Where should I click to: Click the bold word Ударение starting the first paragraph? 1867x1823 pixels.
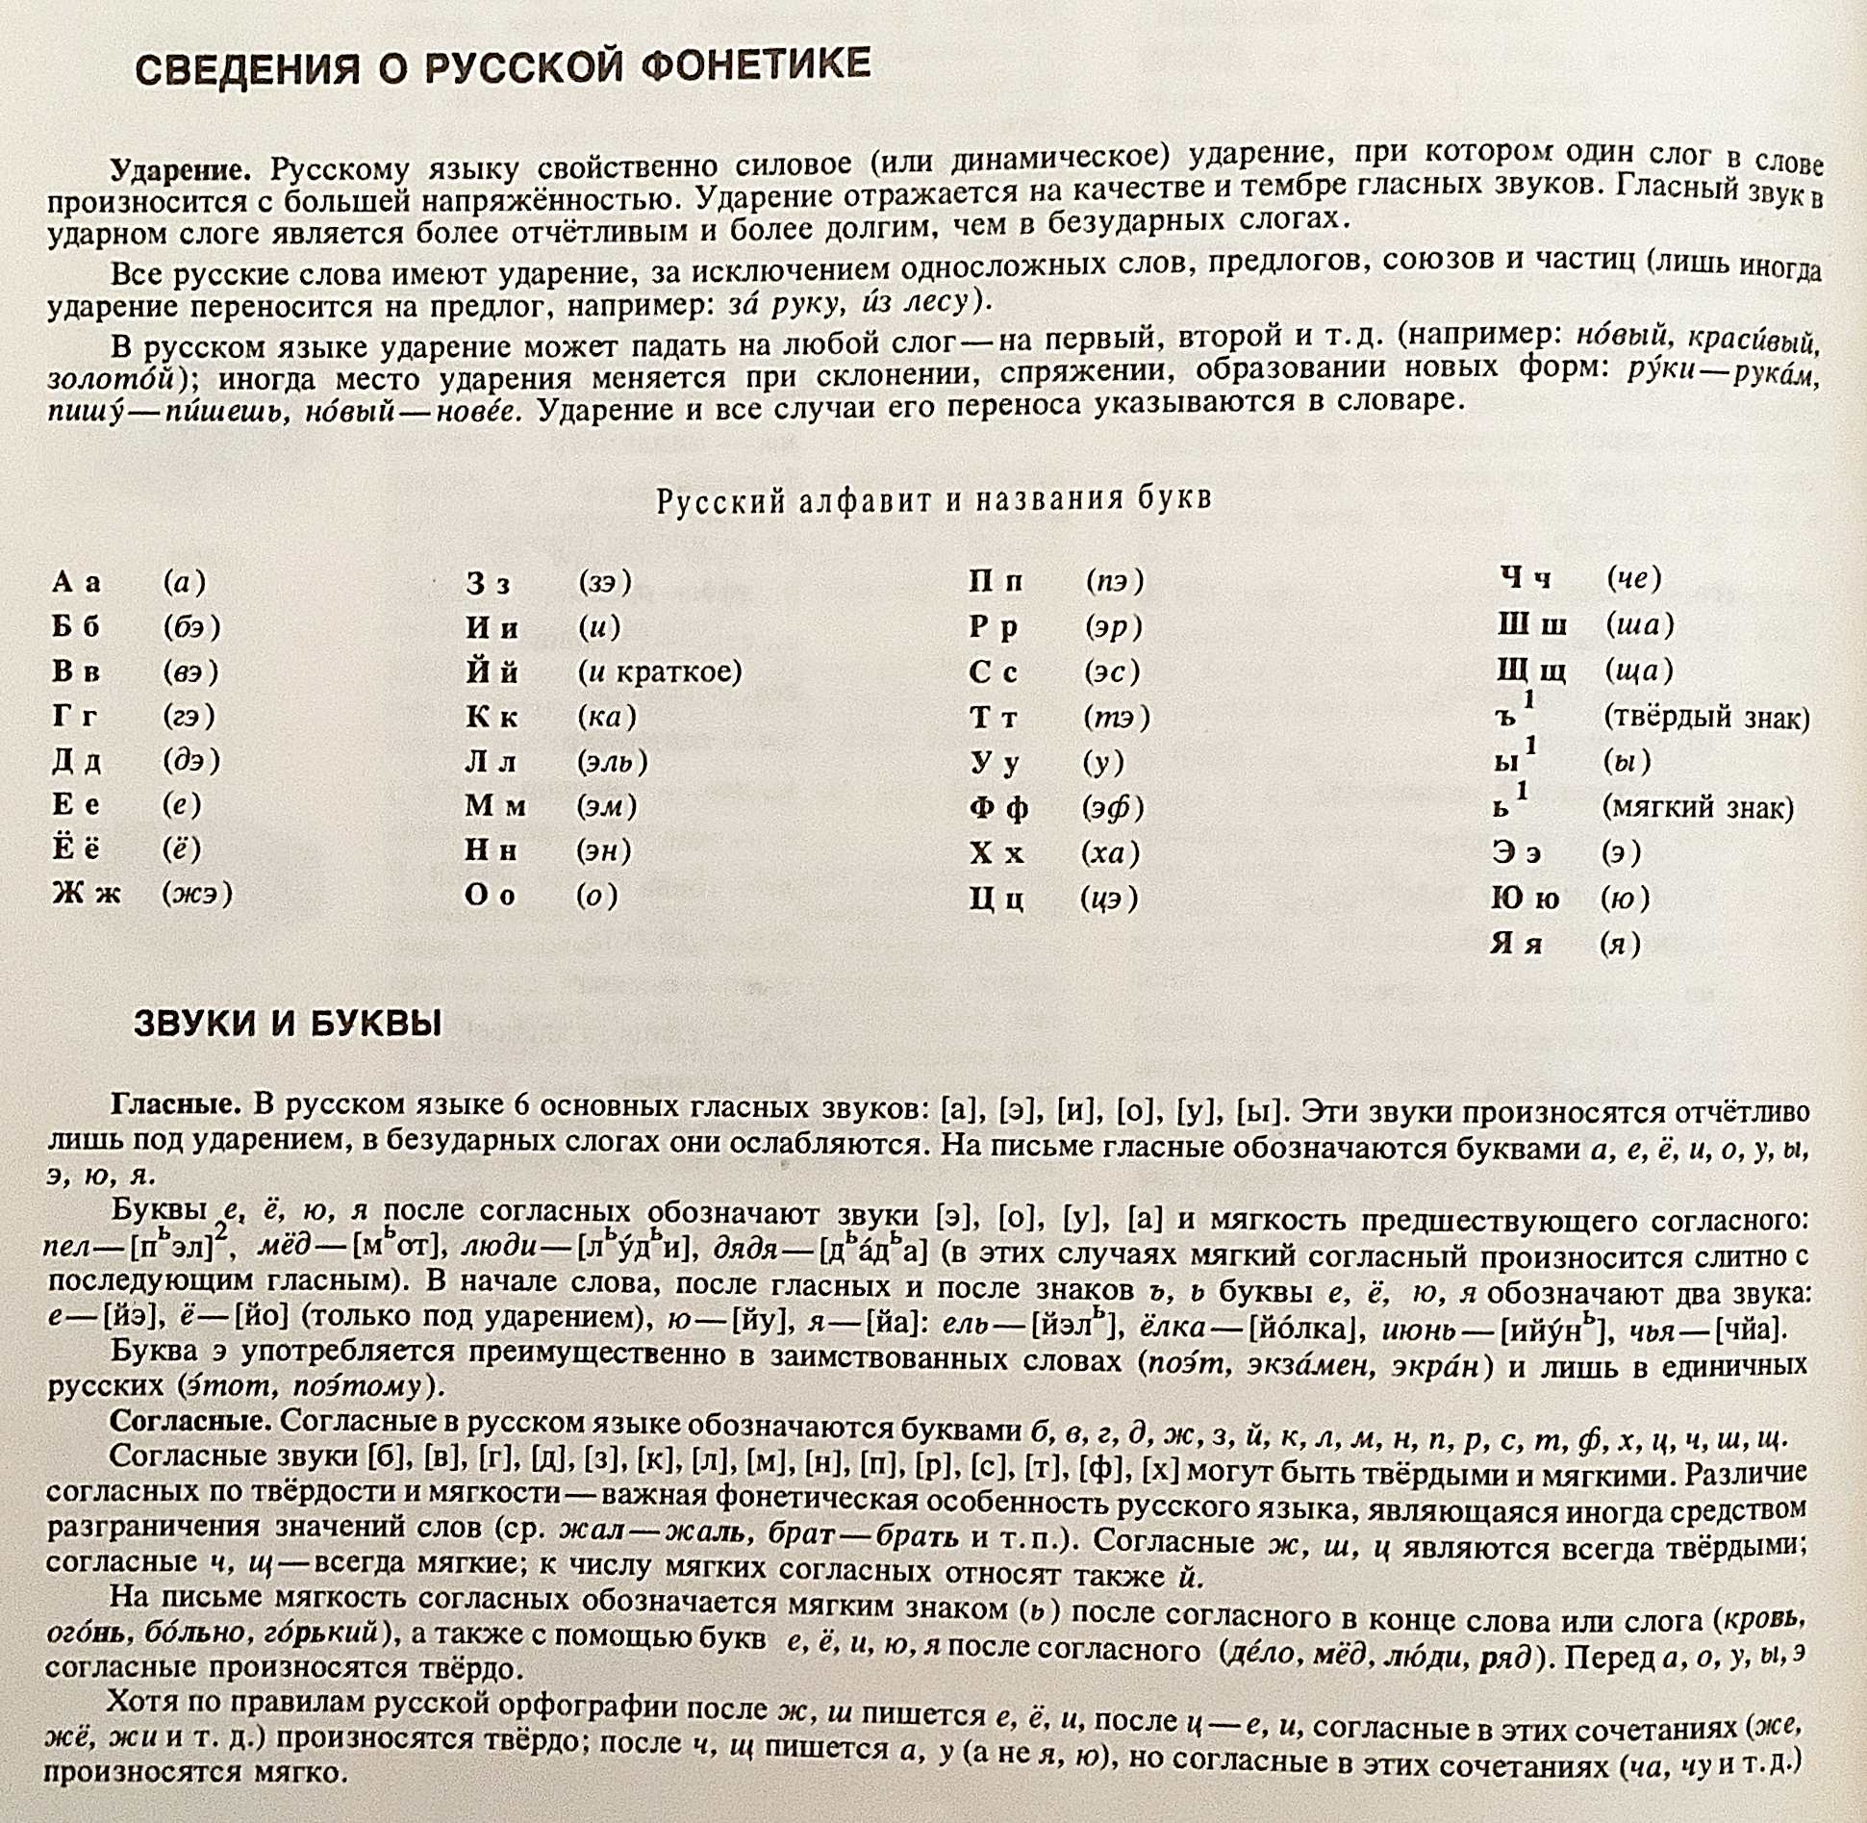point(181,169)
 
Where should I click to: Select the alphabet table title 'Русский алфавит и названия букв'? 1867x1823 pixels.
point(933,499)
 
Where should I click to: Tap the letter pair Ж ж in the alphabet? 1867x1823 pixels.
point(87,894)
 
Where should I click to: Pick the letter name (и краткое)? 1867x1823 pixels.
point(660,671)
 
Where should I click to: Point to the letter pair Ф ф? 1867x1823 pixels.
point(998,807)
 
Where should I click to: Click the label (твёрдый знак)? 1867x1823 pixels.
point(1706,717)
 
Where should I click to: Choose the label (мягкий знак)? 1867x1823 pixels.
point(1698,807)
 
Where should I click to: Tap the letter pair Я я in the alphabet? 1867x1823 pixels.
point(1516,944)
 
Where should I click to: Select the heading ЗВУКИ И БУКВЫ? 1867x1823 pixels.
point(288,1024)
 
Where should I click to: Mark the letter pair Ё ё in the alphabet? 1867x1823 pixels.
point(76,848)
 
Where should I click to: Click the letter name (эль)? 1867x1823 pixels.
point(613,762)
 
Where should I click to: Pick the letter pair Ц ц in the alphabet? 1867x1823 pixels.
point(997,899)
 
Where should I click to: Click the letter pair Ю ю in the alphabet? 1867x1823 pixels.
point(1525,899)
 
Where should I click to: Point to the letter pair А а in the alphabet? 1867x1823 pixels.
point(76,582)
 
